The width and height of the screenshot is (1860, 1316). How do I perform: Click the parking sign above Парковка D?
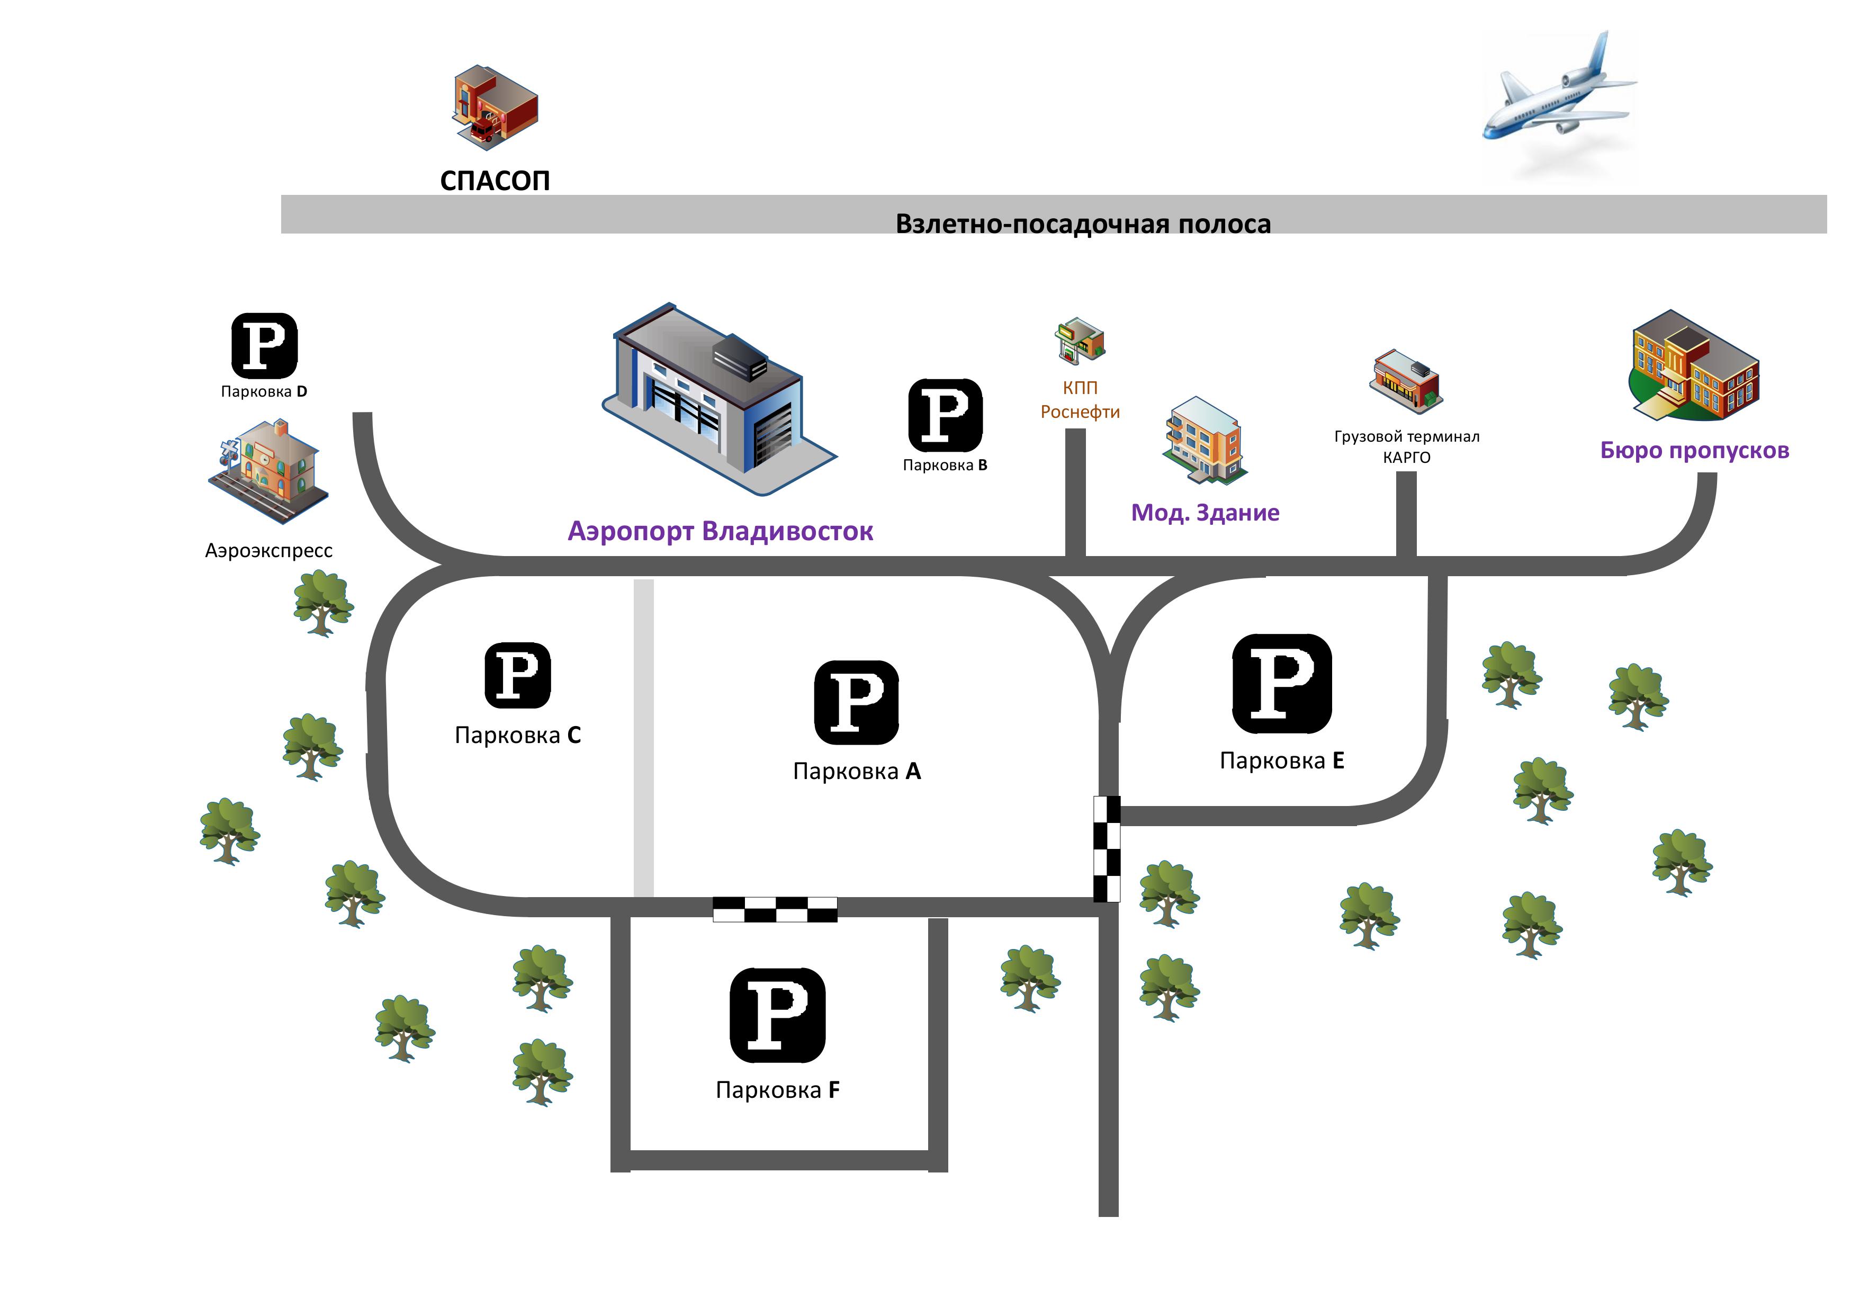[264, 346]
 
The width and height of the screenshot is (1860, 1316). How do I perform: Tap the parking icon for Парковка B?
[946, 415]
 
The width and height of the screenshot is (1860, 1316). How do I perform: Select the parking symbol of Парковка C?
[518, 676]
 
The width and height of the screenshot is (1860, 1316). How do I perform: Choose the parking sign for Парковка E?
[1282, 684]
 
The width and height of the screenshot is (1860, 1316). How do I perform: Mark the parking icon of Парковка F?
[778, 1015]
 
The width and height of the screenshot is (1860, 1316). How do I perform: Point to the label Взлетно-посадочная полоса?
[1083, 223]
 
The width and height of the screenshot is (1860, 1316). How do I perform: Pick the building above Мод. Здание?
[1205, 441]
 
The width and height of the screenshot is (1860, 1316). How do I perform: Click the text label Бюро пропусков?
[1695, 451]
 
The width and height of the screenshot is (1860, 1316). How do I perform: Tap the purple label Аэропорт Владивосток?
[720, 532]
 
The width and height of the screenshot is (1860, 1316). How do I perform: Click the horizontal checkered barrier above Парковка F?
[775, 909]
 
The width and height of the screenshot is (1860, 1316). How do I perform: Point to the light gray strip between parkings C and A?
[644, 738]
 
